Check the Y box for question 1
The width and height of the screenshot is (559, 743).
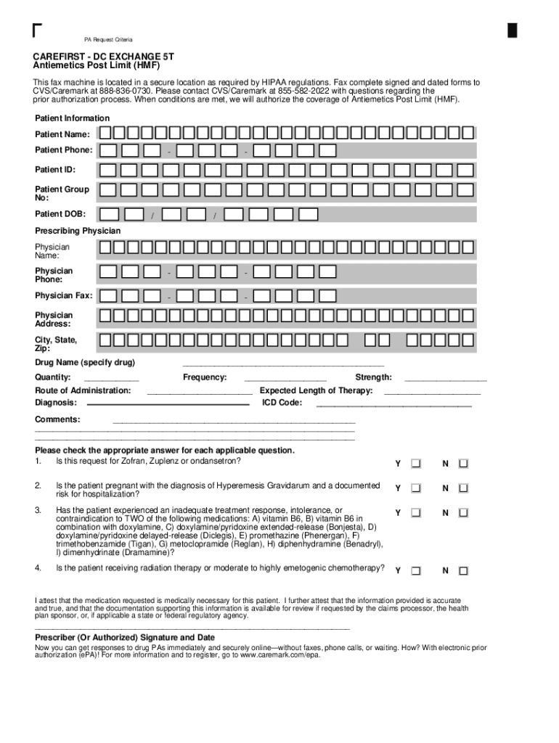(416, 464)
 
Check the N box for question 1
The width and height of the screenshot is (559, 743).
(463, 464)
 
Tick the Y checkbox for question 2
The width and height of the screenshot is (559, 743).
(416, 488)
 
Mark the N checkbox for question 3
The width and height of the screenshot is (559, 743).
(463, 513)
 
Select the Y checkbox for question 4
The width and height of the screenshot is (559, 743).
(416, 570)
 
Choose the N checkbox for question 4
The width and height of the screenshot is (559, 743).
(463, 570)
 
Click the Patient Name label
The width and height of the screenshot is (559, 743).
(62, 134)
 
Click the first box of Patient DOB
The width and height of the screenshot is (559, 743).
(110, 215)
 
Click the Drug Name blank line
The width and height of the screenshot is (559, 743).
(283, 364)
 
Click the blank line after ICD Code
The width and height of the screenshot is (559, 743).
(393, 404)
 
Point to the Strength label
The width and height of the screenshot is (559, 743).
(373, 377)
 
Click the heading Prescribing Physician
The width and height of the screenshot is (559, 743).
(78, 231)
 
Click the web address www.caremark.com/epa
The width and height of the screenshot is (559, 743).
(279, 654)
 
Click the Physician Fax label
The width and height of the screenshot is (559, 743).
(64, 295)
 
